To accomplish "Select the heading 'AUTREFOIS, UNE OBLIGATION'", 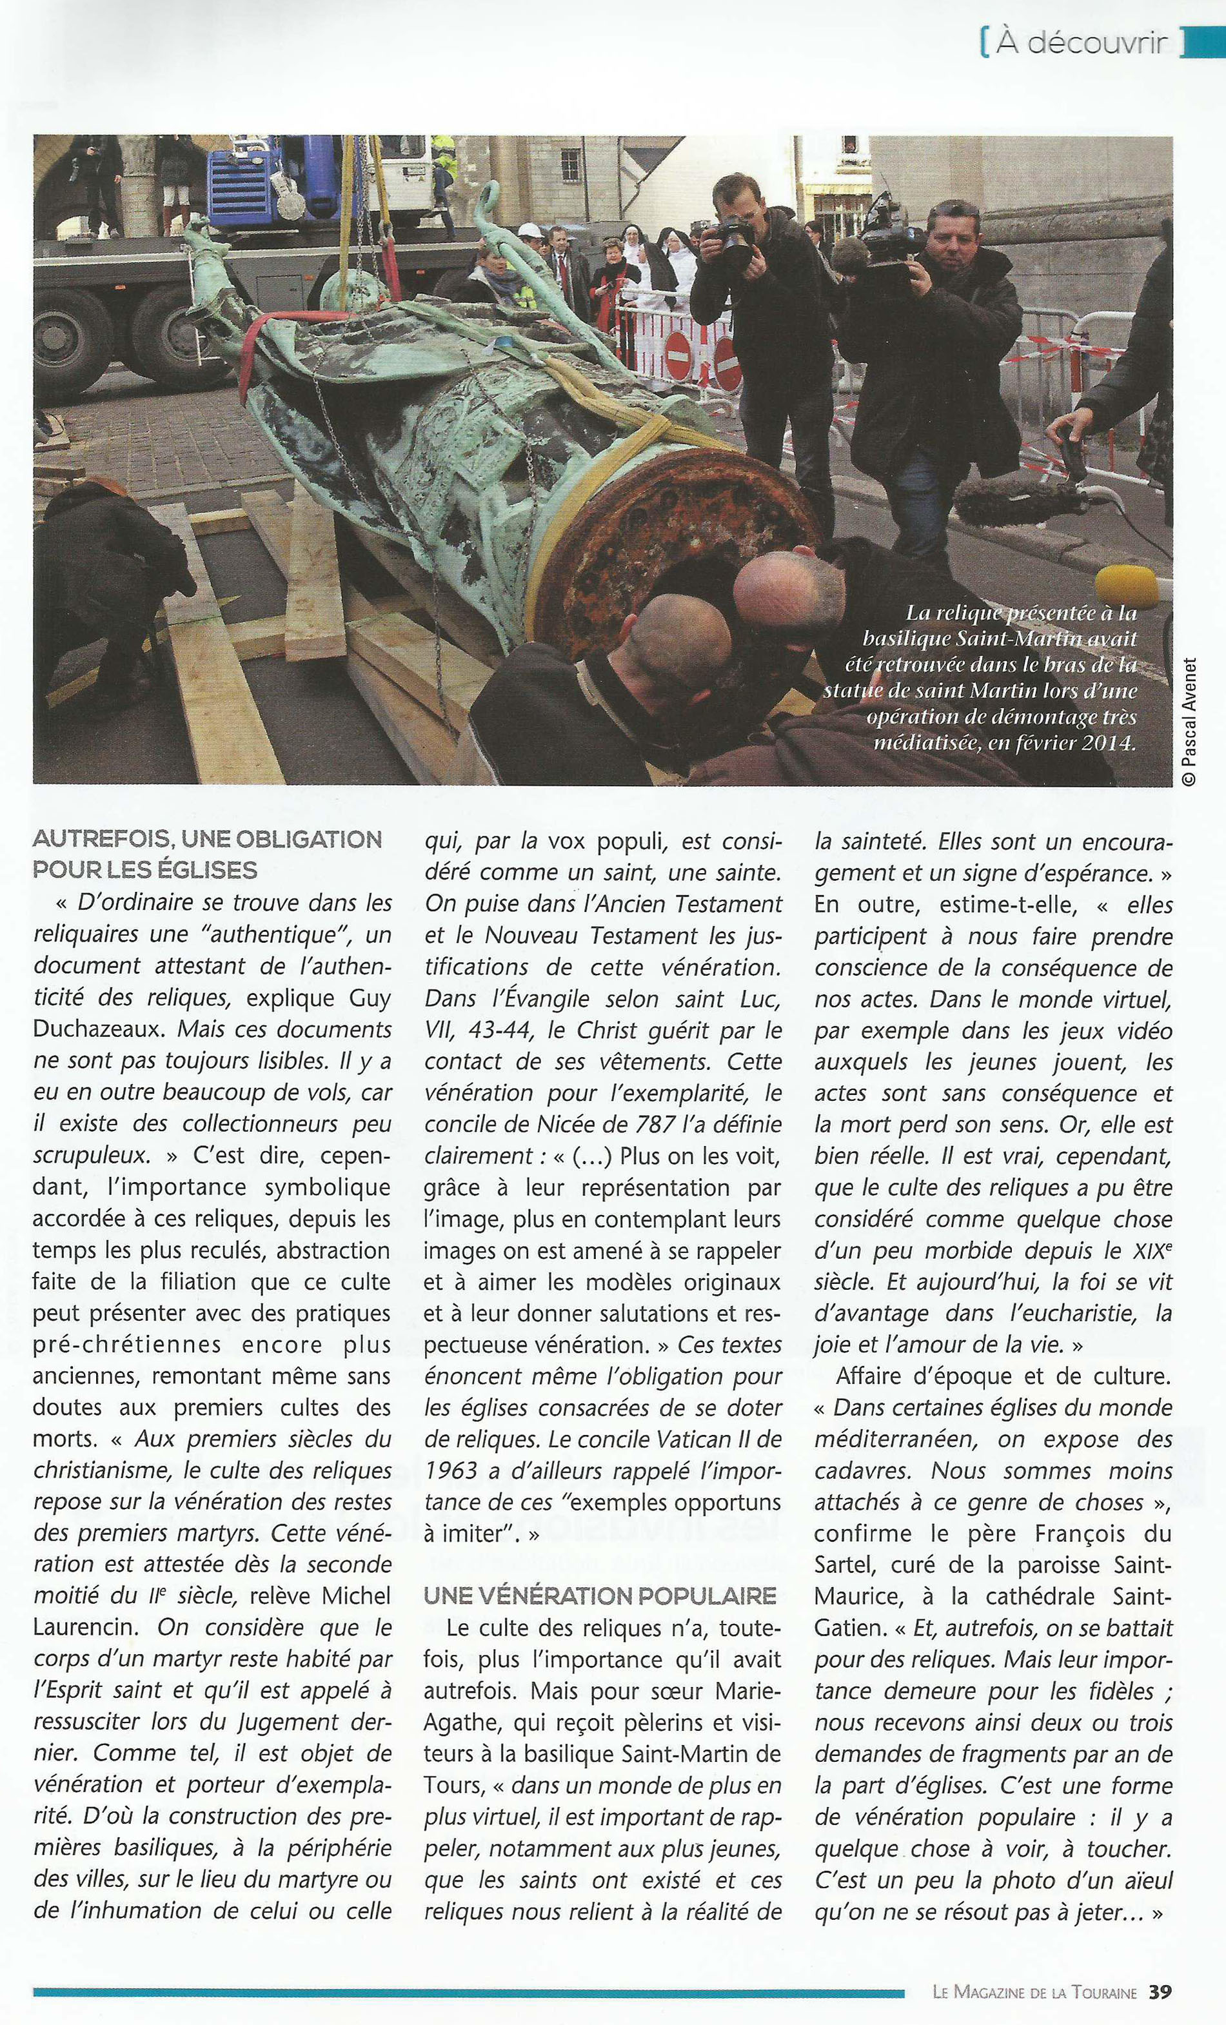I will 207,839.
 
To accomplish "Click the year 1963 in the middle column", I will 450,1470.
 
